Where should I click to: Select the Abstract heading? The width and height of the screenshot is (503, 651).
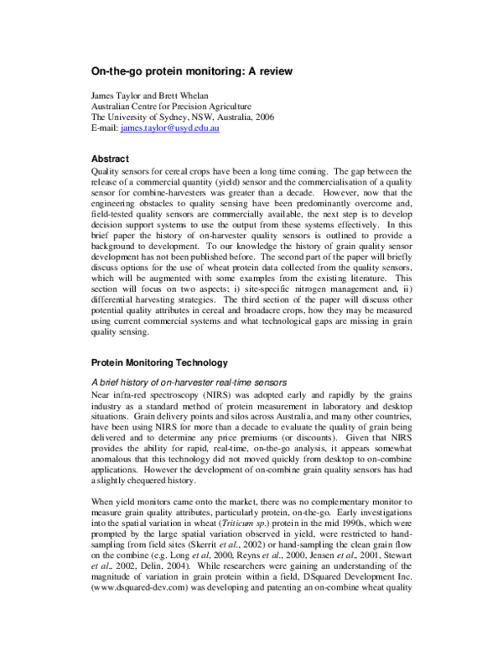(110, 159)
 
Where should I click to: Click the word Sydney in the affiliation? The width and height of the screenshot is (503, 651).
(175, 118)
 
